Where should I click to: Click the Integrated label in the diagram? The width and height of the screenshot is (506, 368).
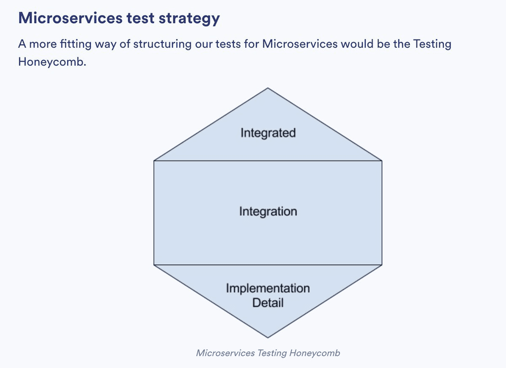268,133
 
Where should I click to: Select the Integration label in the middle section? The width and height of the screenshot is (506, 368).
268,212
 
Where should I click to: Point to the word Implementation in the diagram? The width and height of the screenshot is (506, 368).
268,288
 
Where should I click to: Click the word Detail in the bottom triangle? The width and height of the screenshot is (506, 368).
268,302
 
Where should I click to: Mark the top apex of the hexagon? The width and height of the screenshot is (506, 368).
268,88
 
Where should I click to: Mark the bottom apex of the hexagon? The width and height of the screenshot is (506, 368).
268,338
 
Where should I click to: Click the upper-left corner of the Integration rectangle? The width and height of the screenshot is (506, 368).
154,161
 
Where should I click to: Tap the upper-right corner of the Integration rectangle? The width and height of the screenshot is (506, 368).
382,161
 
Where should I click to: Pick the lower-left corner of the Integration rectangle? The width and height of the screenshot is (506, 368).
154,265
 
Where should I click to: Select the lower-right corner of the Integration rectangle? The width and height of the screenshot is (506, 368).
382,265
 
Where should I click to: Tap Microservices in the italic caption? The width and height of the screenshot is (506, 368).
225,353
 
